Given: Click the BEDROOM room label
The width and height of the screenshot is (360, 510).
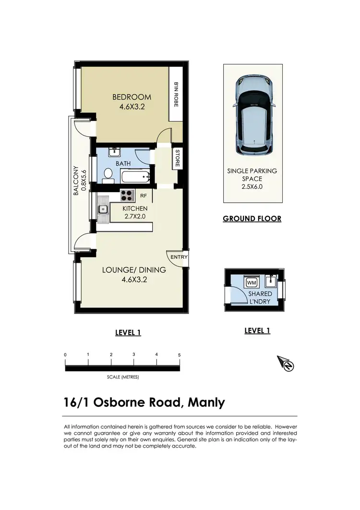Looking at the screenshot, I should click(x=132, y=97).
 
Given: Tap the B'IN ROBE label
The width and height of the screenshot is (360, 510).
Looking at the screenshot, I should click(x=176, y=94).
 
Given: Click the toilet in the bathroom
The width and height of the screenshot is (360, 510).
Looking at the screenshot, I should click(x=108, y=176).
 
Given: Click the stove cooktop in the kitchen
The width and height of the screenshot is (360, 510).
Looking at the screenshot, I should click(x=127, y=195).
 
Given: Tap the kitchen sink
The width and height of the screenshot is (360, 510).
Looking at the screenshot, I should click(x=103, y=209).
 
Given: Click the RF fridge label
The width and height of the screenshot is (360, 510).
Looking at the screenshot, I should click(x=143, y=195).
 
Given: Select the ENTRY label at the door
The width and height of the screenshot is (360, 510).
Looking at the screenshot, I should click(x=179, y=257).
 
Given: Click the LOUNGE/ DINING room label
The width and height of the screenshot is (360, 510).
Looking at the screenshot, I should click(x=134, y=270).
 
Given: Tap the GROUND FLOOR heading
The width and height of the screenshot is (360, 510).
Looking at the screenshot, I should click(x=252, y=219).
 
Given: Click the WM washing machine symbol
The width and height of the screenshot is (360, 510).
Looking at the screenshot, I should click(x=251, y=282).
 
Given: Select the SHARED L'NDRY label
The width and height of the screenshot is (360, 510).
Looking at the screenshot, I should click(x=260, y=298).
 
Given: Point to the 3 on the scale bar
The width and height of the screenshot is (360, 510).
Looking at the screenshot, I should click(x=134, y=354).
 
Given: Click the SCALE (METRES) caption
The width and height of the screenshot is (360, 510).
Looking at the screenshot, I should click(x=123, y=377).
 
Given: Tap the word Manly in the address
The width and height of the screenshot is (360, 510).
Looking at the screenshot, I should click(x=206, y=402).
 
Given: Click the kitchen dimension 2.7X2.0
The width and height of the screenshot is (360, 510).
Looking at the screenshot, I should click(x=135, y=217).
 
